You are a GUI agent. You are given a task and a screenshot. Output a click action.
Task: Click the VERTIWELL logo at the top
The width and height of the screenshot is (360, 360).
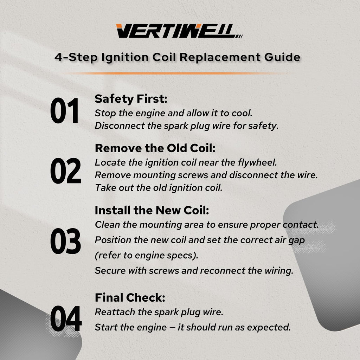pyautogui.click(x=179, y=31)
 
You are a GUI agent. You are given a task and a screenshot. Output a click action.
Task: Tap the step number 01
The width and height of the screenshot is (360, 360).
pyautogui.click(x=65, y=111)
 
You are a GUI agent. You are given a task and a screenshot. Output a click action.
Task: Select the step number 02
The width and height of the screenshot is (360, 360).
pyautogui.click(x=66, y=171)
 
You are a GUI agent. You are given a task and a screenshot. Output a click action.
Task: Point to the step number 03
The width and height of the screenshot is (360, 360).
pyautogui.click(x=65, y=241)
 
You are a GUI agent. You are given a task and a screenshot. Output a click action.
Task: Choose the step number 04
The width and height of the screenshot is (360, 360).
pyautogui.click(x=66, y=319)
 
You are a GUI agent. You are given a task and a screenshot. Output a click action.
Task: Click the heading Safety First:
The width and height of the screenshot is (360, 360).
pyautogui.click(x=131, y=99)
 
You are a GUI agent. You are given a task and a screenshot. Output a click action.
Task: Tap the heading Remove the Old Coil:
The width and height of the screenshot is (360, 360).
pyautogui.click(x=155, y=148)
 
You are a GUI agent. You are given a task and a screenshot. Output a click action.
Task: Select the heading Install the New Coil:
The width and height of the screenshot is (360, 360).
pyautogui.click(x=152, y=210)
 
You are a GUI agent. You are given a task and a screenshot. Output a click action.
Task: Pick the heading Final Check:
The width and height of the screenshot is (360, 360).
pyautogui.click(x=130, y=297)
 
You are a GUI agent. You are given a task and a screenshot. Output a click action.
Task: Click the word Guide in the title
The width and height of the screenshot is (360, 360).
pyautogui.click(x=282, y=57)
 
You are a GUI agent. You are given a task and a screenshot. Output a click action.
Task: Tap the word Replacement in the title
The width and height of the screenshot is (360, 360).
pyautogui.click(x=220, y=57)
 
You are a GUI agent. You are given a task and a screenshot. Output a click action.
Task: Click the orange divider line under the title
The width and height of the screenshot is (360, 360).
pyautogui.click(x=174, y=73)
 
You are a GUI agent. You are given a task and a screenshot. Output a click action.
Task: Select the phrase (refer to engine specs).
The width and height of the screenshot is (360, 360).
pyautogui.click(x=147, y=255)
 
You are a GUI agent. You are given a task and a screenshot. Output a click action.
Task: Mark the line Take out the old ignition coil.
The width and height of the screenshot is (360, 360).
pyautogui.click(x=159, y=188)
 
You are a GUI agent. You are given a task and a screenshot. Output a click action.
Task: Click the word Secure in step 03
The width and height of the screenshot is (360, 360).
pyautogui.click(x=110, y=271)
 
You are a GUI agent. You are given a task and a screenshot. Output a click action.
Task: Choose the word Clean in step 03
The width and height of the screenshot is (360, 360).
pyautogui.click(x=107, y=225)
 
